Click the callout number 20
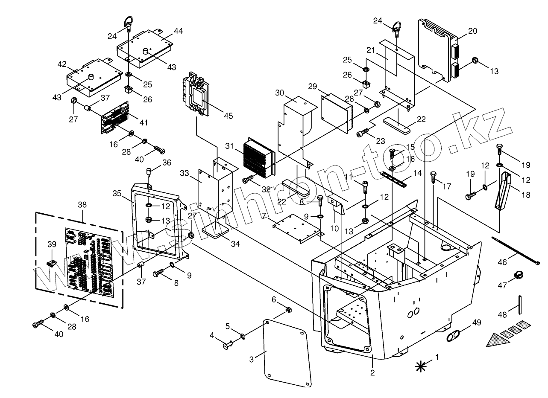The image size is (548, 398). (x=472, y=31)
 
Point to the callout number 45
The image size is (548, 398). (x=229, y=116)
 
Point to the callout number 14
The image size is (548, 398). (x=417, y=174)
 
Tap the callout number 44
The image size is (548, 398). (x=178, y=31)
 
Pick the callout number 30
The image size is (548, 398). (x=279, y=93)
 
